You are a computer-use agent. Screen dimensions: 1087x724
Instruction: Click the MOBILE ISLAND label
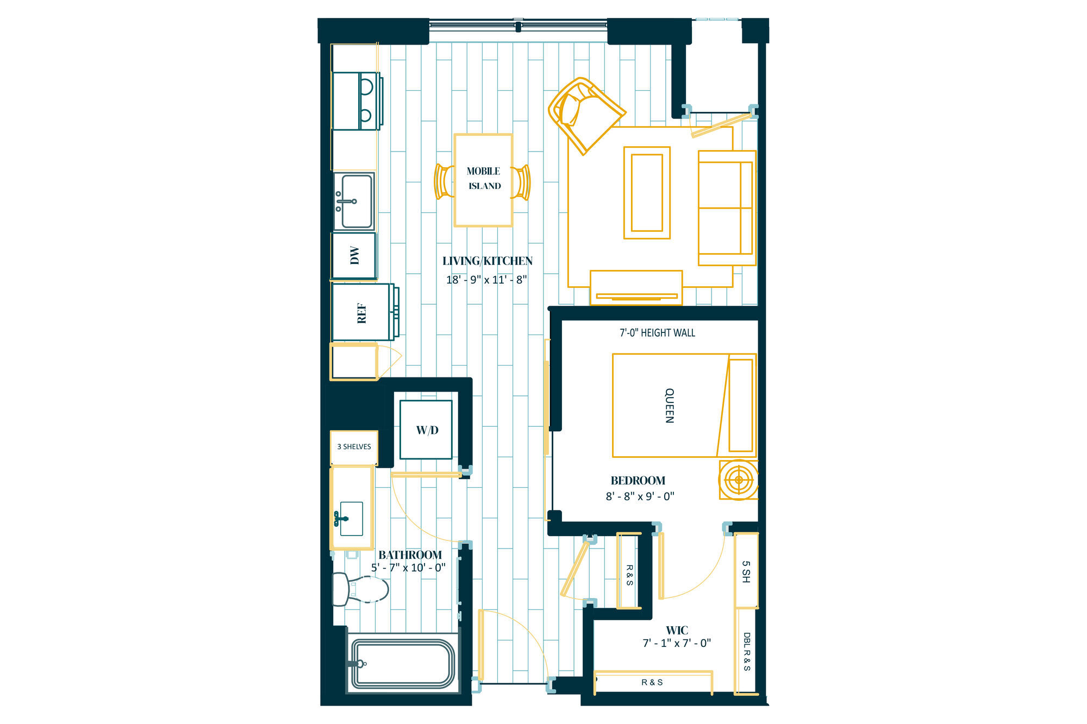(x=484, y=178)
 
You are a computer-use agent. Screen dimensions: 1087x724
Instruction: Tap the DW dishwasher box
(x=354, y=255)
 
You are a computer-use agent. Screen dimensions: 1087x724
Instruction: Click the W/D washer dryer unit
(x=426, y=430)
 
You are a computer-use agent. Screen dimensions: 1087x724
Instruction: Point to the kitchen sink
(x=354, y=202)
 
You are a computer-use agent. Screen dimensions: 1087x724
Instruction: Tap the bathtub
(x=403, y=663)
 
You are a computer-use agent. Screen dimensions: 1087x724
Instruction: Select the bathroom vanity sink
(x=351, y=519)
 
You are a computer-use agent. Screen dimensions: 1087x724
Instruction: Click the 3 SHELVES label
(x=354, y=446)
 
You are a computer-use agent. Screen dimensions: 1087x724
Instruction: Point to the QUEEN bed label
(x=670, y=405)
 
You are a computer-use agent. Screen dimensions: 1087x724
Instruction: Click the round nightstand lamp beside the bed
(x=739, y=480)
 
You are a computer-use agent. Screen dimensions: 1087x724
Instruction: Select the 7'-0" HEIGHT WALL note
(x=658, y=332)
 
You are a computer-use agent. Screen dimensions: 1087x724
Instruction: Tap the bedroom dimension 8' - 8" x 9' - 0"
(x=640, y=496)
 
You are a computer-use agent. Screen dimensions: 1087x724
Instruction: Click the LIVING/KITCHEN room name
(x=488, y=261)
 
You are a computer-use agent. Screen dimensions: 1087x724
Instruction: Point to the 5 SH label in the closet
(x=746, y=572)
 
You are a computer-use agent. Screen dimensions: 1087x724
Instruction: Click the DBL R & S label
(x=747, y=652)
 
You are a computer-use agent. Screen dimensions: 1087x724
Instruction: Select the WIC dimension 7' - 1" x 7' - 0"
(x=677, y=643)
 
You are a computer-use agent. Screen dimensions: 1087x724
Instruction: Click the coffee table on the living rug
(x=647, y=193)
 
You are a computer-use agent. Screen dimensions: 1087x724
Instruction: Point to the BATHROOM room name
(x=410, y=555)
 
